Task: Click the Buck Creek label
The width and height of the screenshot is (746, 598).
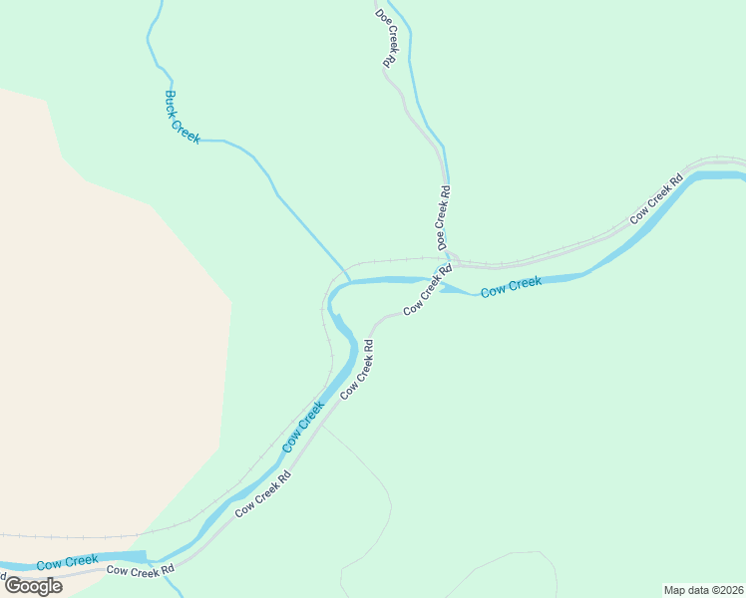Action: [183, 118]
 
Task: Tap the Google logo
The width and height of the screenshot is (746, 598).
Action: [34, 586]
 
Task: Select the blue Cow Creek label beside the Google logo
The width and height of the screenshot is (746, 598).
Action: [68, 562]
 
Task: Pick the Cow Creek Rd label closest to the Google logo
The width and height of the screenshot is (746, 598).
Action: [141, 570]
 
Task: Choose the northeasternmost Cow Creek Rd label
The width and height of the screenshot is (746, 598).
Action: [655, 199]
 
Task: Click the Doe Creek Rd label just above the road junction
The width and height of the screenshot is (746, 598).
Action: [443, 218]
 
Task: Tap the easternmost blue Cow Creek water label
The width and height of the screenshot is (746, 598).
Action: [511, 288]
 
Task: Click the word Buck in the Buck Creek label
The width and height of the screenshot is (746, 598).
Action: [171, 102]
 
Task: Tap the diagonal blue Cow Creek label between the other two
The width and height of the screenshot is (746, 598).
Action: [303, 427]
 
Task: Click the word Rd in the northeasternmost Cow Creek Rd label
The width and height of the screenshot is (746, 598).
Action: [675, 181]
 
